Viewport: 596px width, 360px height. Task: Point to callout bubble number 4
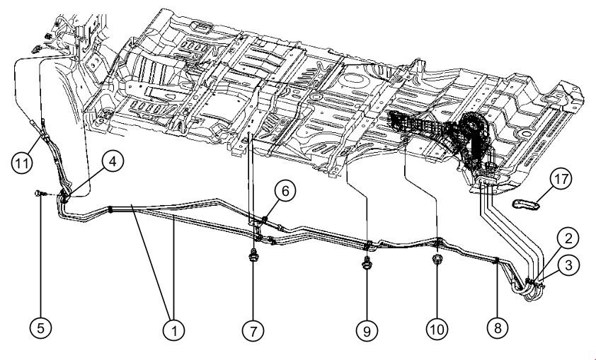(113, 162)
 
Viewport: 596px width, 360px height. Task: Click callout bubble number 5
(41, 327)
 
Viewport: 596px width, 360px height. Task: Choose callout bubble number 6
(282, 190)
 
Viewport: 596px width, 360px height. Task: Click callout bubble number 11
(23, 162)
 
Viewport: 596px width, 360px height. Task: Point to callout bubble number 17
(560, 180)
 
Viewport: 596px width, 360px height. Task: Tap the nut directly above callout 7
(253, 256)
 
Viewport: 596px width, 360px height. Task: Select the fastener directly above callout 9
(367, 265)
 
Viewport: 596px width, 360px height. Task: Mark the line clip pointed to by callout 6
(263, 220)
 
